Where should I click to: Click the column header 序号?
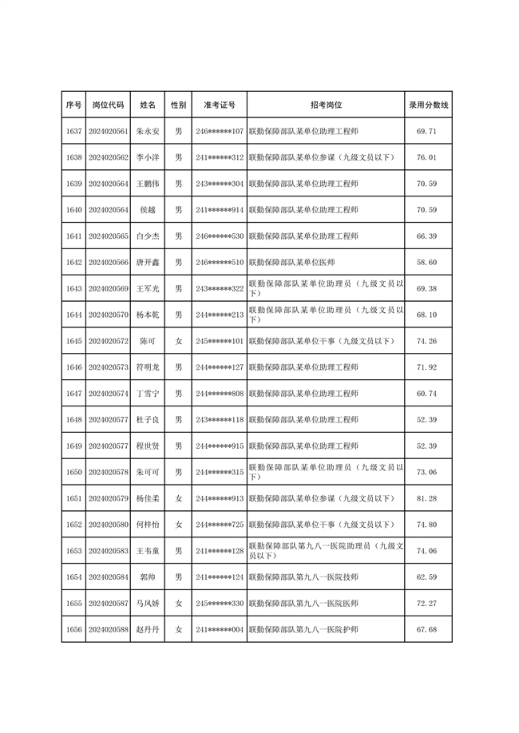[73, 105]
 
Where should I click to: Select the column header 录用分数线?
[429, 105]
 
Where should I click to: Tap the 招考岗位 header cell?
[326, 105]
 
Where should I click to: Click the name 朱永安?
[149, 131]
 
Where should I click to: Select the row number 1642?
[73, 262]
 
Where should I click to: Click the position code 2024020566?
[109, 262]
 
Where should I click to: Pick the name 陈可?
[149, 341]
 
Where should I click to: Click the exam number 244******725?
[220, 525]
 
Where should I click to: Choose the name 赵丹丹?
[149, 630]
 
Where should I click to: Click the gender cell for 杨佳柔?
[179, 498]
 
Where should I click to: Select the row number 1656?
[73, 630]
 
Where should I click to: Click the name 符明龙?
[149, 367]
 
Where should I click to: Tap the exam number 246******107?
[220, 131]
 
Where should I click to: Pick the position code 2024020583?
[109, 551]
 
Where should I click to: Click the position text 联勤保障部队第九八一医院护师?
[303, 630]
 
